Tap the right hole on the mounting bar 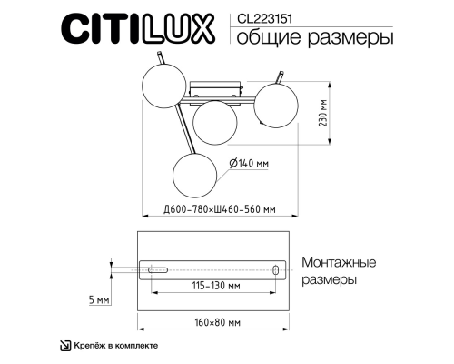click(275, 269)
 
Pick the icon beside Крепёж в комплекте click(64, 346)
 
